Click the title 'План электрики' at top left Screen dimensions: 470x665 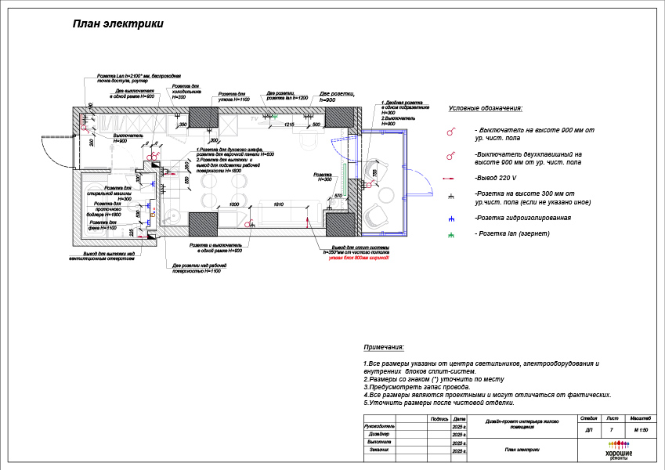pos(118,24)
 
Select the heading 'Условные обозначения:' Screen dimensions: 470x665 pos(485,109)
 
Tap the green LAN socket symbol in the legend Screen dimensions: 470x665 pos(451,234)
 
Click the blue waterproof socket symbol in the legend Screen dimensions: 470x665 pos(451,218)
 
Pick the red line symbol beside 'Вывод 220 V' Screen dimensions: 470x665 pos(451,178)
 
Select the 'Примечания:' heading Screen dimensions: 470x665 pos(384,347)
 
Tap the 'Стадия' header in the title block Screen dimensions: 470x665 pos(589,420)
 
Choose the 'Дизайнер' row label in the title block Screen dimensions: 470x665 pos(379,433)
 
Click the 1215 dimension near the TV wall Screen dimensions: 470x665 pos(288,125)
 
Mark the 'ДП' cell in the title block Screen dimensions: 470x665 pos(589,430)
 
